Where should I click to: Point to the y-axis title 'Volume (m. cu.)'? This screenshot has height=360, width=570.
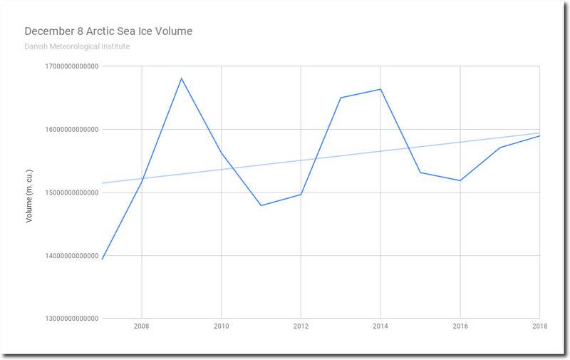click(29, 192)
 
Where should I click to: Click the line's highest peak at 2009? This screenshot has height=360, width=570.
click(182, 78)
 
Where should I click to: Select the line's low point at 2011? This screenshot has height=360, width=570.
click(261, 205)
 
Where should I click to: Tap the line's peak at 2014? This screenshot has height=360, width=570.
click(381, 89)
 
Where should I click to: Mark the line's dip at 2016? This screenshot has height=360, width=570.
click(461, 180)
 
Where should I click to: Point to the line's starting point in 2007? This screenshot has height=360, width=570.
click(103, 259)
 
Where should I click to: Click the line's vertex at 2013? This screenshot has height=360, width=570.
click(341, 98)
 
